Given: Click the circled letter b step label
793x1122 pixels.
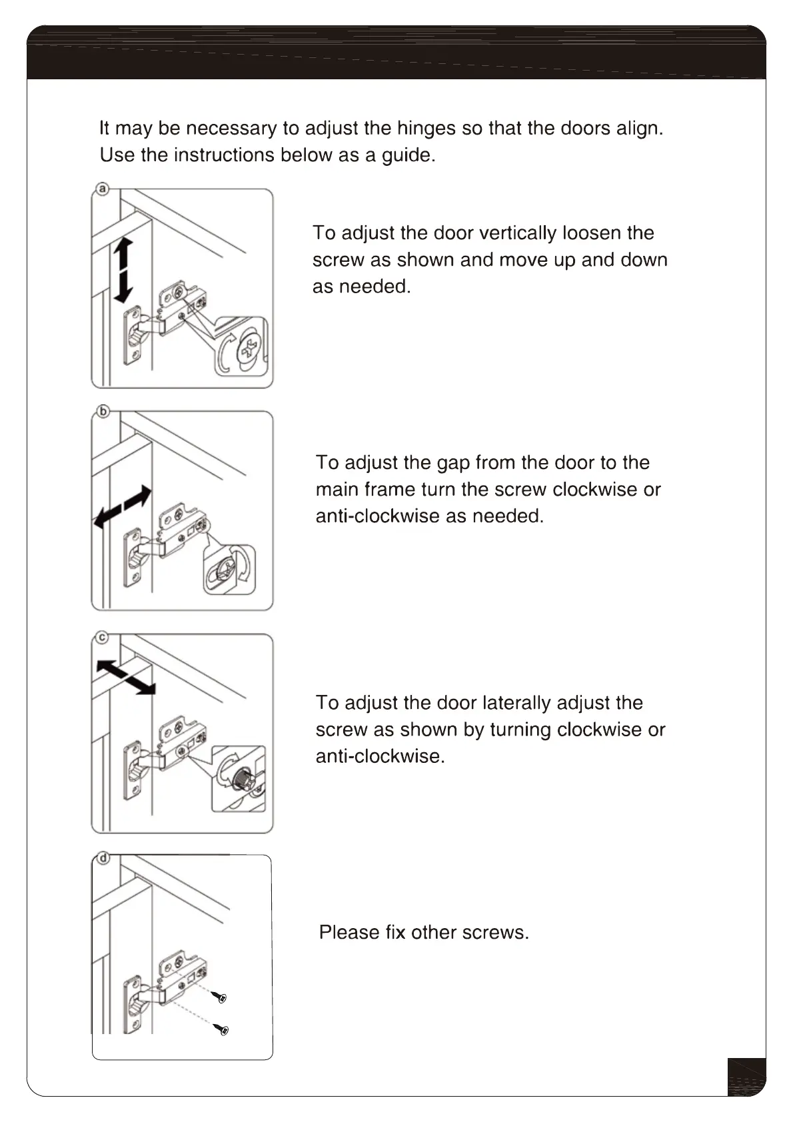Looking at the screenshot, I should click(103, 412).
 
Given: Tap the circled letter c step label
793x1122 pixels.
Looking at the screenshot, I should click(103, 638).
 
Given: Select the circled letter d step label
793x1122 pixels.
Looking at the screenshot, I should click(103, 857).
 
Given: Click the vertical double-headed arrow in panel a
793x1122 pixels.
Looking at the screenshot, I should click(123, 270).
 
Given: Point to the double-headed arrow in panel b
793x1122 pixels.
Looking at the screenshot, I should click(123, 507).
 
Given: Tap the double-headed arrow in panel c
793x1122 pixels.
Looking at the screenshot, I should click(126, 678).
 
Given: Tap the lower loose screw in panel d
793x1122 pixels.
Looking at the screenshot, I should click(222, 1030).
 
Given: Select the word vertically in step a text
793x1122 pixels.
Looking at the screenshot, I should click(517, 233).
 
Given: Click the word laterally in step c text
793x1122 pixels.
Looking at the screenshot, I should click(516, 703).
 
